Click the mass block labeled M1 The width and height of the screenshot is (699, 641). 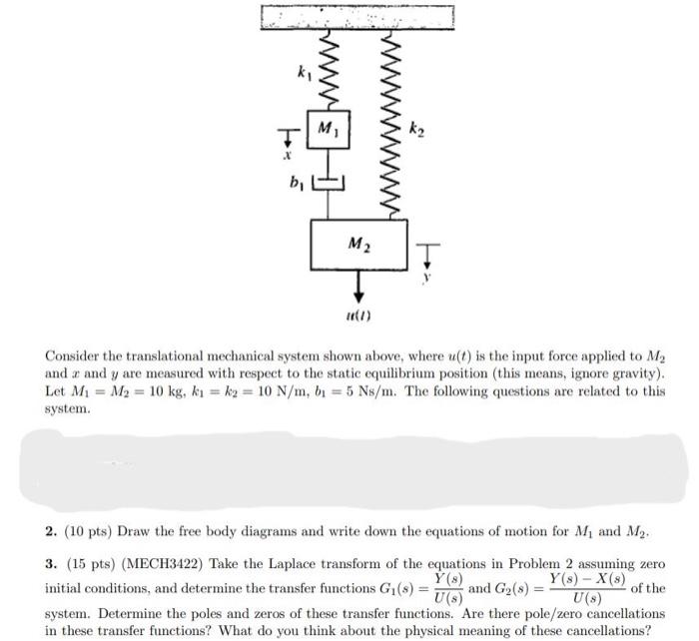click(x=325, y=131)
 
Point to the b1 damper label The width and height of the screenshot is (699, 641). click(x=295, y=181)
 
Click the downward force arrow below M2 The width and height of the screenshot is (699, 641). click(x=358, y=285)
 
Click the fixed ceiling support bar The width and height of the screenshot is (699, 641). click(x=357, y=15)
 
